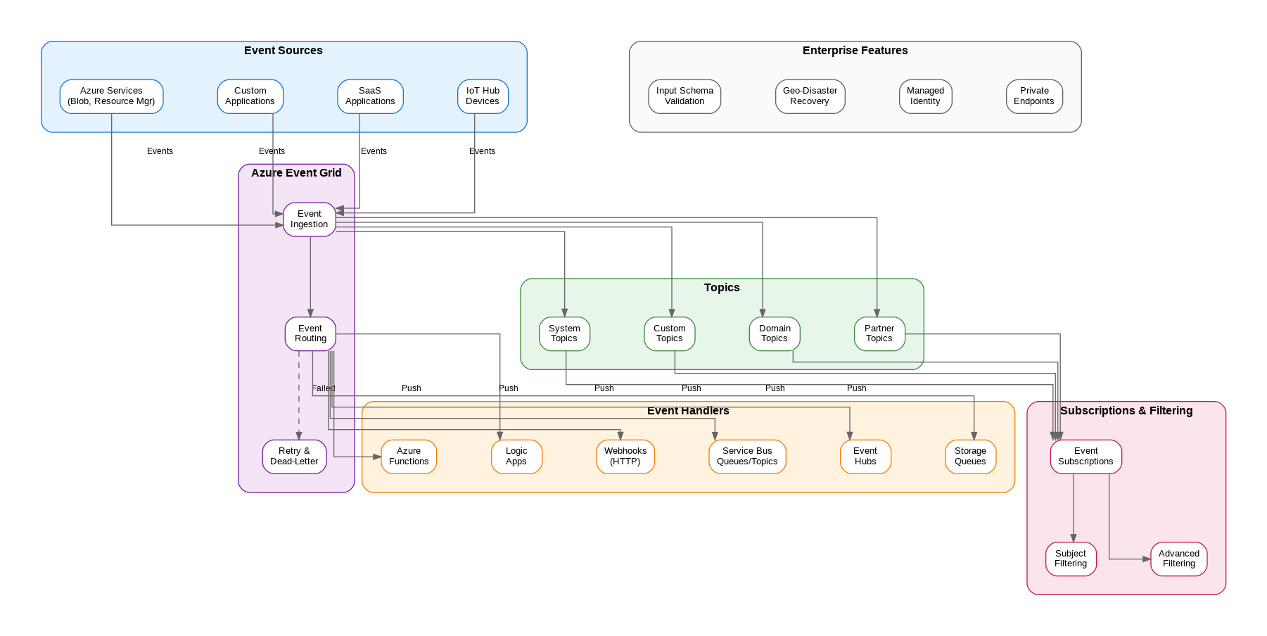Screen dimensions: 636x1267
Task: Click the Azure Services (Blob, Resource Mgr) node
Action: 111,96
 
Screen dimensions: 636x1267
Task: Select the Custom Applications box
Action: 250,96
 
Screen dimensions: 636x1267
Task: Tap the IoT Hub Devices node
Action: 483,96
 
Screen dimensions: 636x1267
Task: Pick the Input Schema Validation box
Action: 685,96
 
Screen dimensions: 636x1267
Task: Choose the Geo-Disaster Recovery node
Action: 810,96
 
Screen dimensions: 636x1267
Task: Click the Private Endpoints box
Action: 1034,96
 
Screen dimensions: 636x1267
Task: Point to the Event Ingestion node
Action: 310,220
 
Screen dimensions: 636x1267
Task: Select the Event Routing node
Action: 310,333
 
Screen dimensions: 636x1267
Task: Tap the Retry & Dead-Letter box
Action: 294,457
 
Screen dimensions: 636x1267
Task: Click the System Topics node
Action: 564,333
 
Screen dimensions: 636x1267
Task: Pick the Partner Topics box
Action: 879,333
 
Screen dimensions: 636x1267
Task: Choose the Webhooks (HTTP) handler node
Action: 625,457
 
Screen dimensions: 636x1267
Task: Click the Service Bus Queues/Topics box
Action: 747,457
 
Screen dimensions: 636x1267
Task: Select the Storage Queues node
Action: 970,457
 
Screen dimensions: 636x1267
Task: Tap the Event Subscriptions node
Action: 1085,457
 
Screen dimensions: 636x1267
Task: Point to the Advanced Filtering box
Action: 1178,559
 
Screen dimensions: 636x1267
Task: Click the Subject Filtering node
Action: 1071,559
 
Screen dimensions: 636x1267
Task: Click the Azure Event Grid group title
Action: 296,173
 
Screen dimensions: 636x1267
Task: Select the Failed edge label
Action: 324,388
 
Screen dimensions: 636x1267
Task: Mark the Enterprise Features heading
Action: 855,51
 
